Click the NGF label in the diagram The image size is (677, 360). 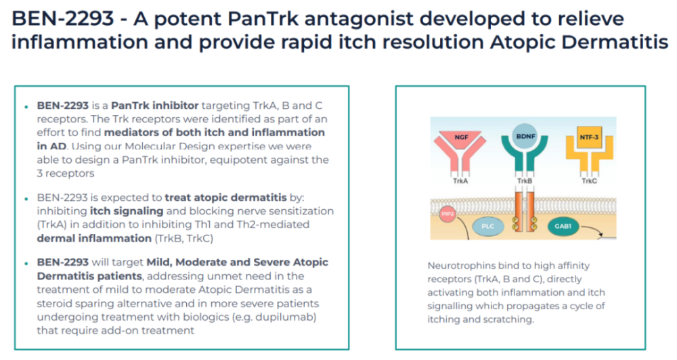click(x=461, y=137)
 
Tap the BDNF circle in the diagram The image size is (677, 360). click(x=525, y=136)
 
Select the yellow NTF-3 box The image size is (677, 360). click(x=589, y=137)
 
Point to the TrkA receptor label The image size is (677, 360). click(x=460, y=181)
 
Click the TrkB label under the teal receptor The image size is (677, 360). click(x=525, y=181)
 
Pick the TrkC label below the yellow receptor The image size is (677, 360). click(x=589, y=181)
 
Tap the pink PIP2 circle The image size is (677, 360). click(x=447, y=214)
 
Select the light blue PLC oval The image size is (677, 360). click(x=488, y=226)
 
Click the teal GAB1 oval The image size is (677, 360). click(x=563, y=226)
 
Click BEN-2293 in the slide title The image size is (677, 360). click(x=62, y=18)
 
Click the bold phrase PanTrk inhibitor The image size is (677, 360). click(x=154, y=106)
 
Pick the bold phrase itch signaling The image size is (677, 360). click(x=127, y=211)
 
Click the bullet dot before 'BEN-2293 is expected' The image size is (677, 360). click(x=27, y=199)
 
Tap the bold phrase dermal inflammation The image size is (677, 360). click(x=94, y=238)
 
